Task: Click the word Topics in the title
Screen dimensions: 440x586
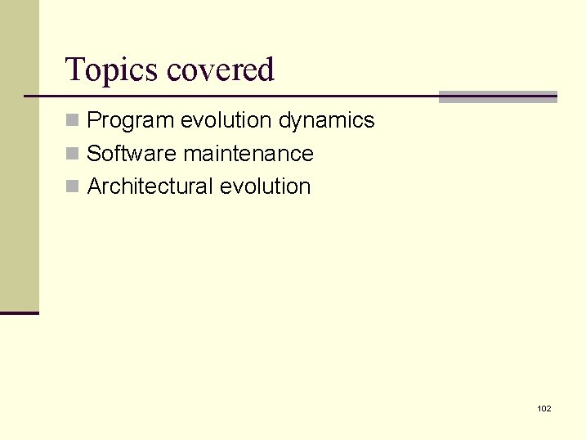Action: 112,70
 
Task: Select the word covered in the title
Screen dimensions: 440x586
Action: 221,70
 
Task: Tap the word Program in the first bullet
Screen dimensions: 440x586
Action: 131,120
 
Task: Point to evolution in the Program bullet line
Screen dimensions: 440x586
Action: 226,120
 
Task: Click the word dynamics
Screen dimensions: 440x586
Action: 326,120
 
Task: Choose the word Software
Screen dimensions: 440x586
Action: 132,154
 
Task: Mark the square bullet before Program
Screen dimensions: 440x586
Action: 73,121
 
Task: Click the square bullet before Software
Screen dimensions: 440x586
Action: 73,155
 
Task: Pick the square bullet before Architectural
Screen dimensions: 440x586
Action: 73,187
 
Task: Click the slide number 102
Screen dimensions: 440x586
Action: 544,408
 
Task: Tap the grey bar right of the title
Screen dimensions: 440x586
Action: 498,97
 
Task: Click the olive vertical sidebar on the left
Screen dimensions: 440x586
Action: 19,155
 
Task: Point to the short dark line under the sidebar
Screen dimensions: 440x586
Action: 19,312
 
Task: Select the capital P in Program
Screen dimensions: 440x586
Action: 94,120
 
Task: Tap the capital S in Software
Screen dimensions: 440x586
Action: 94,154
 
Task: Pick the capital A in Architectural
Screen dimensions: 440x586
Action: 94,186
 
